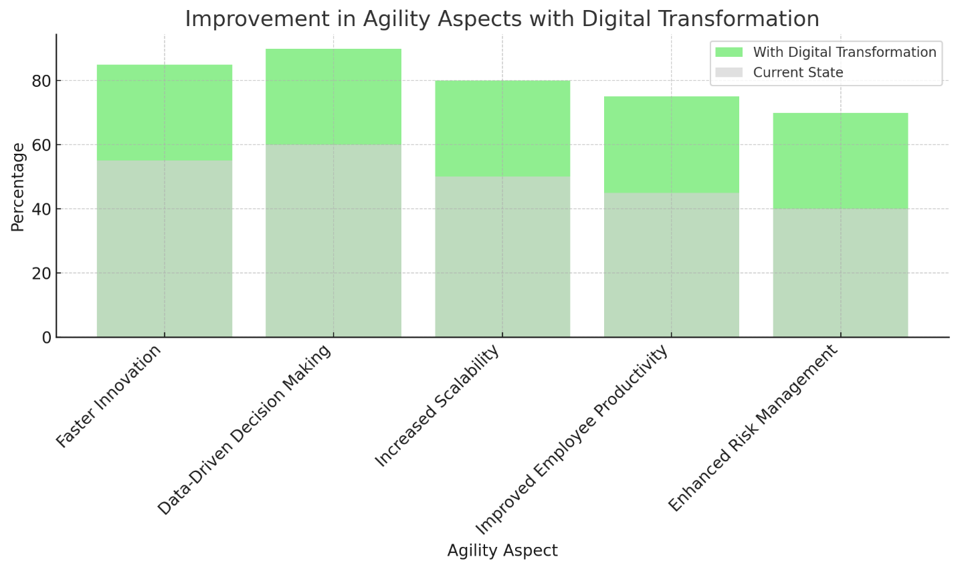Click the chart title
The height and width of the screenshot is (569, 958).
pos(502,19)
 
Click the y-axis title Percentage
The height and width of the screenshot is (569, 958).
pos(18,187)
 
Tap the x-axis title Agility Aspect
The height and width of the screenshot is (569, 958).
pos(502,550)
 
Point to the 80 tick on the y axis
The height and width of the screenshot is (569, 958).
pos(42,81)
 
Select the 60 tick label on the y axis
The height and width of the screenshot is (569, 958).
pos(42,145)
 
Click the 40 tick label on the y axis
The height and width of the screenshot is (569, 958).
pos(42,209)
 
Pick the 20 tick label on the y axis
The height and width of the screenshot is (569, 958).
pos(42,273)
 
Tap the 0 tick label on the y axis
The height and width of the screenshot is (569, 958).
pos(47,338)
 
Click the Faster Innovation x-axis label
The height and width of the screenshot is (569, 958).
pos(109,396)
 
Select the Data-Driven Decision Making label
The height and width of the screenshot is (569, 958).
pos(244,430)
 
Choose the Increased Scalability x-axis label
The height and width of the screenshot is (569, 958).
pos(437,406)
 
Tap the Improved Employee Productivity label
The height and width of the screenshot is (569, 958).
pos(572,441)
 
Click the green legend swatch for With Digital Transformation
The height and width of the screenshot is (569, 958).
pos(729,52)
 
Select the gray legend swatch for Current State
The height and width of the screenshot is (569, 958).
pos(729,72)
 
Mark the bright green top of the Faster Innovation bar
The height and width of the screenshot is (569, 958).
pos(165,112)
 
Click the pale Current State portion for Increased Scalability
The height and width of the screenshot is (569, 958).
pos(502,257)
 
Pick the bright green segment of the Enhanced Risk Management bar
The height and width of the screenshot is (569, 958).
pos(840,160)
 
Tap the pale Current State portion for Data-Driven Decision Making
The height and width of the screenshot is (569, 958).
pos(333,241)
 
